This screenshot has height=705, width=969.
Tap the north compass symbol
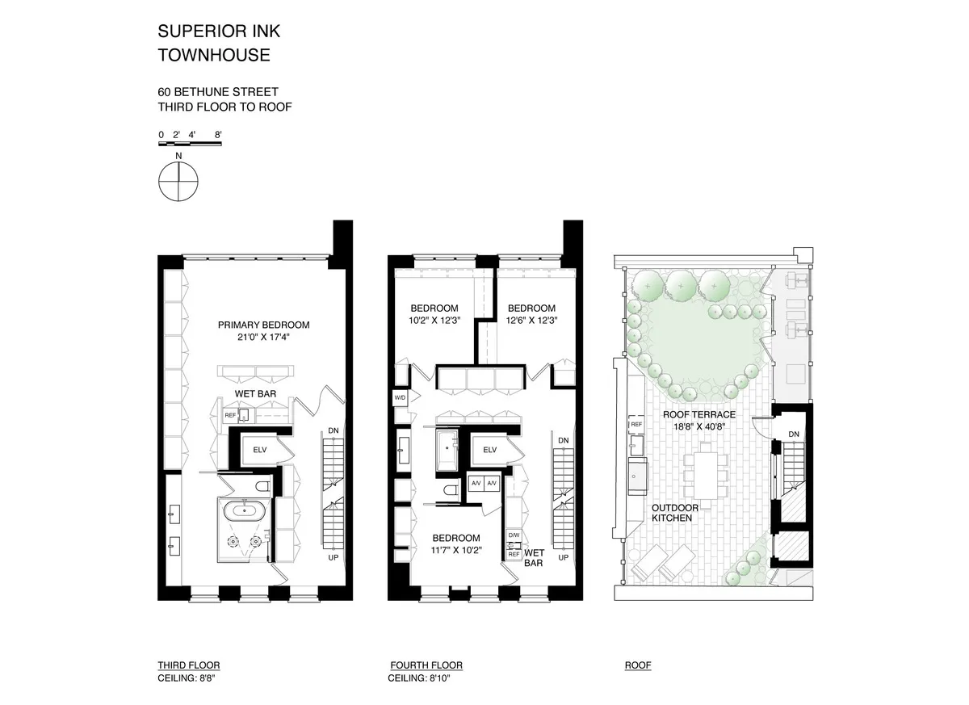pyautogui.click(x=178, y=182)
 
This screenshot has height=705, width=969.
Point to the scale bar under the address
pyautogui.click(x=189, y=143)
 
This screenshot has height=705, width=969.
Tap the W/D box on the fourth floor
pyautogui.click(x=401, y=398)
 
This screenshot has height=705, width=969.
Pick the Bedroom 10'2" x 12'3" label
pyautogui.click(x=434, y=314)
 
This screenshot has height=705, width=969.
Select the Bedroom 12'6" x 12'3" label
pyautogui.click(x=531, y=314)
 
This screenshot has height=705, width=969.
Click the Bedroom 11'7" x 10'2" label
pyautogui.click(x=455, y=544)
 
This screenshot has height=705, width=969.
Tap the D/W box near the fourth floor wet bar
pyautogui.click(x=514, y=535)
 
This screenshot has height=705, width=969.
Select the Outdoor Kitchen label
pyautogui.click(x=672, y=513)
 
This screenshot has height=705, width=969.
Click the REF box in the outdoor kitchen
pyautogui.click(x=636, y=424)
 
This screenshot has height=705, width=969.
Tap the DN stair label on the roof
pyautogui.click(x=794, y=434)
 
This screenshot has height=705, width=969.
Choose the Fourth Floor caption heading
pyautogui.click(x=426, y=665)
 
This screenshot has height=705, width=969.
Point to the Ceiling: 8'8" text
pyautogui.click(x=188, y=678)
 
